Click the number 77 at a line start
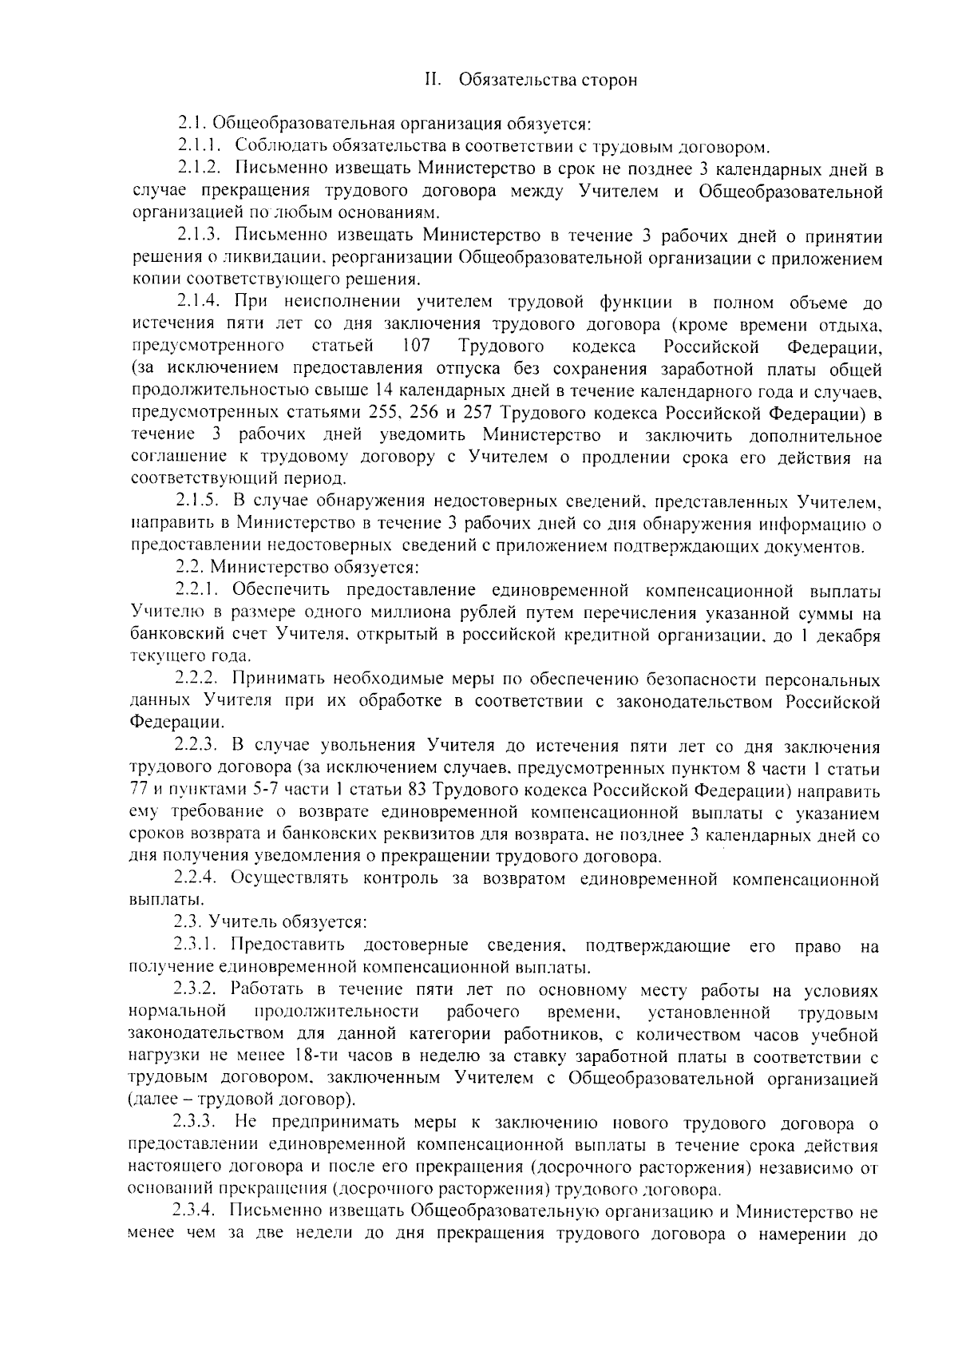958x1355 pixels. [x=138, y=792]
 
